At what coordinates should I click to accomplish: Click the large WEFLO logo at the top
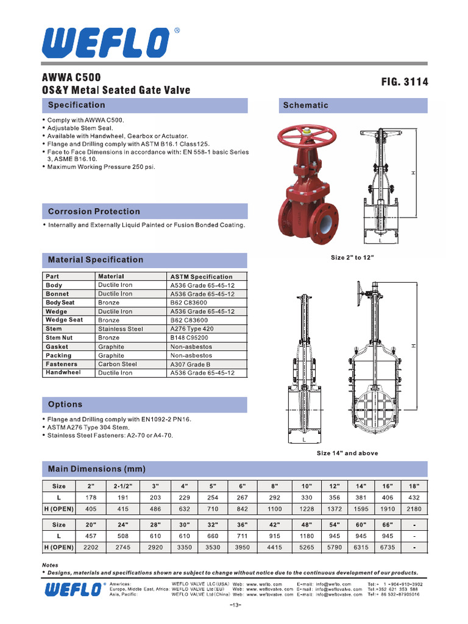coord(106,43)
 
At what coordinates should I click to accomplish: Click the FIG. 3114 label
coord(404,82)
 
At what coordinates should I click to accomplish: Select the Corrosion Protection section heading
coord(94,211)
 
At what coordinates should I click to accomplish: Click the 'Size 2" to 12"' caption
coord(352,258)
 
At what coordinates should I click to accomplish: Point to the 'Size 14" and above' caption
coord(347,453)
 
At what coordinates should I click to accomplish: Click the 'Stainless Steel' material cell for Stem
coord(121,329)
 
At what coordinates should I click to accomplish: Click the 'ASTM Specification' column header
coord(201,277)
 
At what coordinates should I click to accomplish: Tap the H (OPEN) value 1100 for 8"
coord(275,508)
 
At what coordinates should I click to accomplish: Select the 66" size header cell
coord(387,525)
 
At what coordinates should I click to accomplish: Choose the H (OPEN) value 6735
coord(387,547)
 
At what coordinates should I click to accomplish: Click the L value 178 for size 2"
coord(91,497)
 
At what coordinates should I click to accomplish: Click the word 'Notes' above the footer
coord(50,565)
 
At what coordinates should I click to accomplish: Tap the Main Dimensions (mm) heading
coord(97,469)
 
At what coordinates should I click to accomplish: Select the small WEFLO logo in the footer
coord(72,589)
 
